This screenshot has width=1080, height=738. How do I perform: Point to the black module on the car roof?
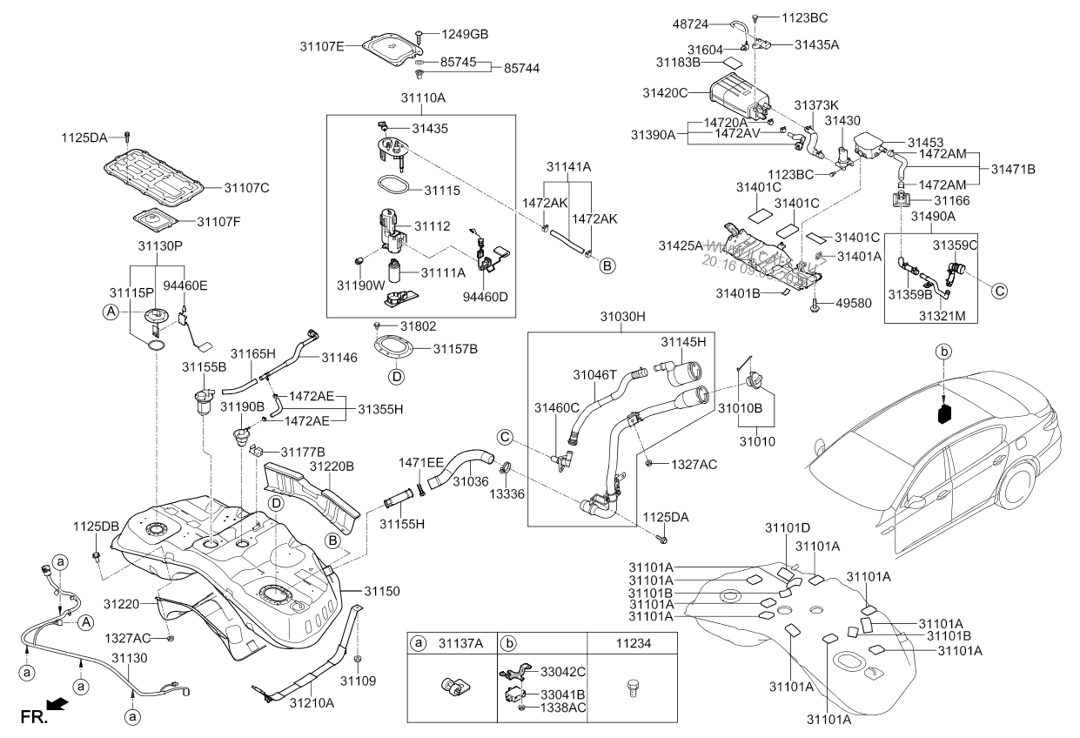[x=945, y=411]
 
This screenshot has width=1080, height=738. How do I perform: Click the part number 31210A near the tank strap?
[x=312, y=701]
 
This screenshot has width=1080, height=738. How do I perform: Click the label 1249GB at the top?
[x=464, y=34]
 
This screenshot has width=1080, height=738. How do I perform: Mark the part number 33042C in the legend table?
[x=562, y=672]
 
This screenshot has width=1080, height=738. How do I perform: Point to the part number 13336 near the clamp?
[x=510, y=493]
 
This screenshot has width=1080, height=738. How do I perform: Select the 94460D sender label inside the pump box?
[x=486, y=297]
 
